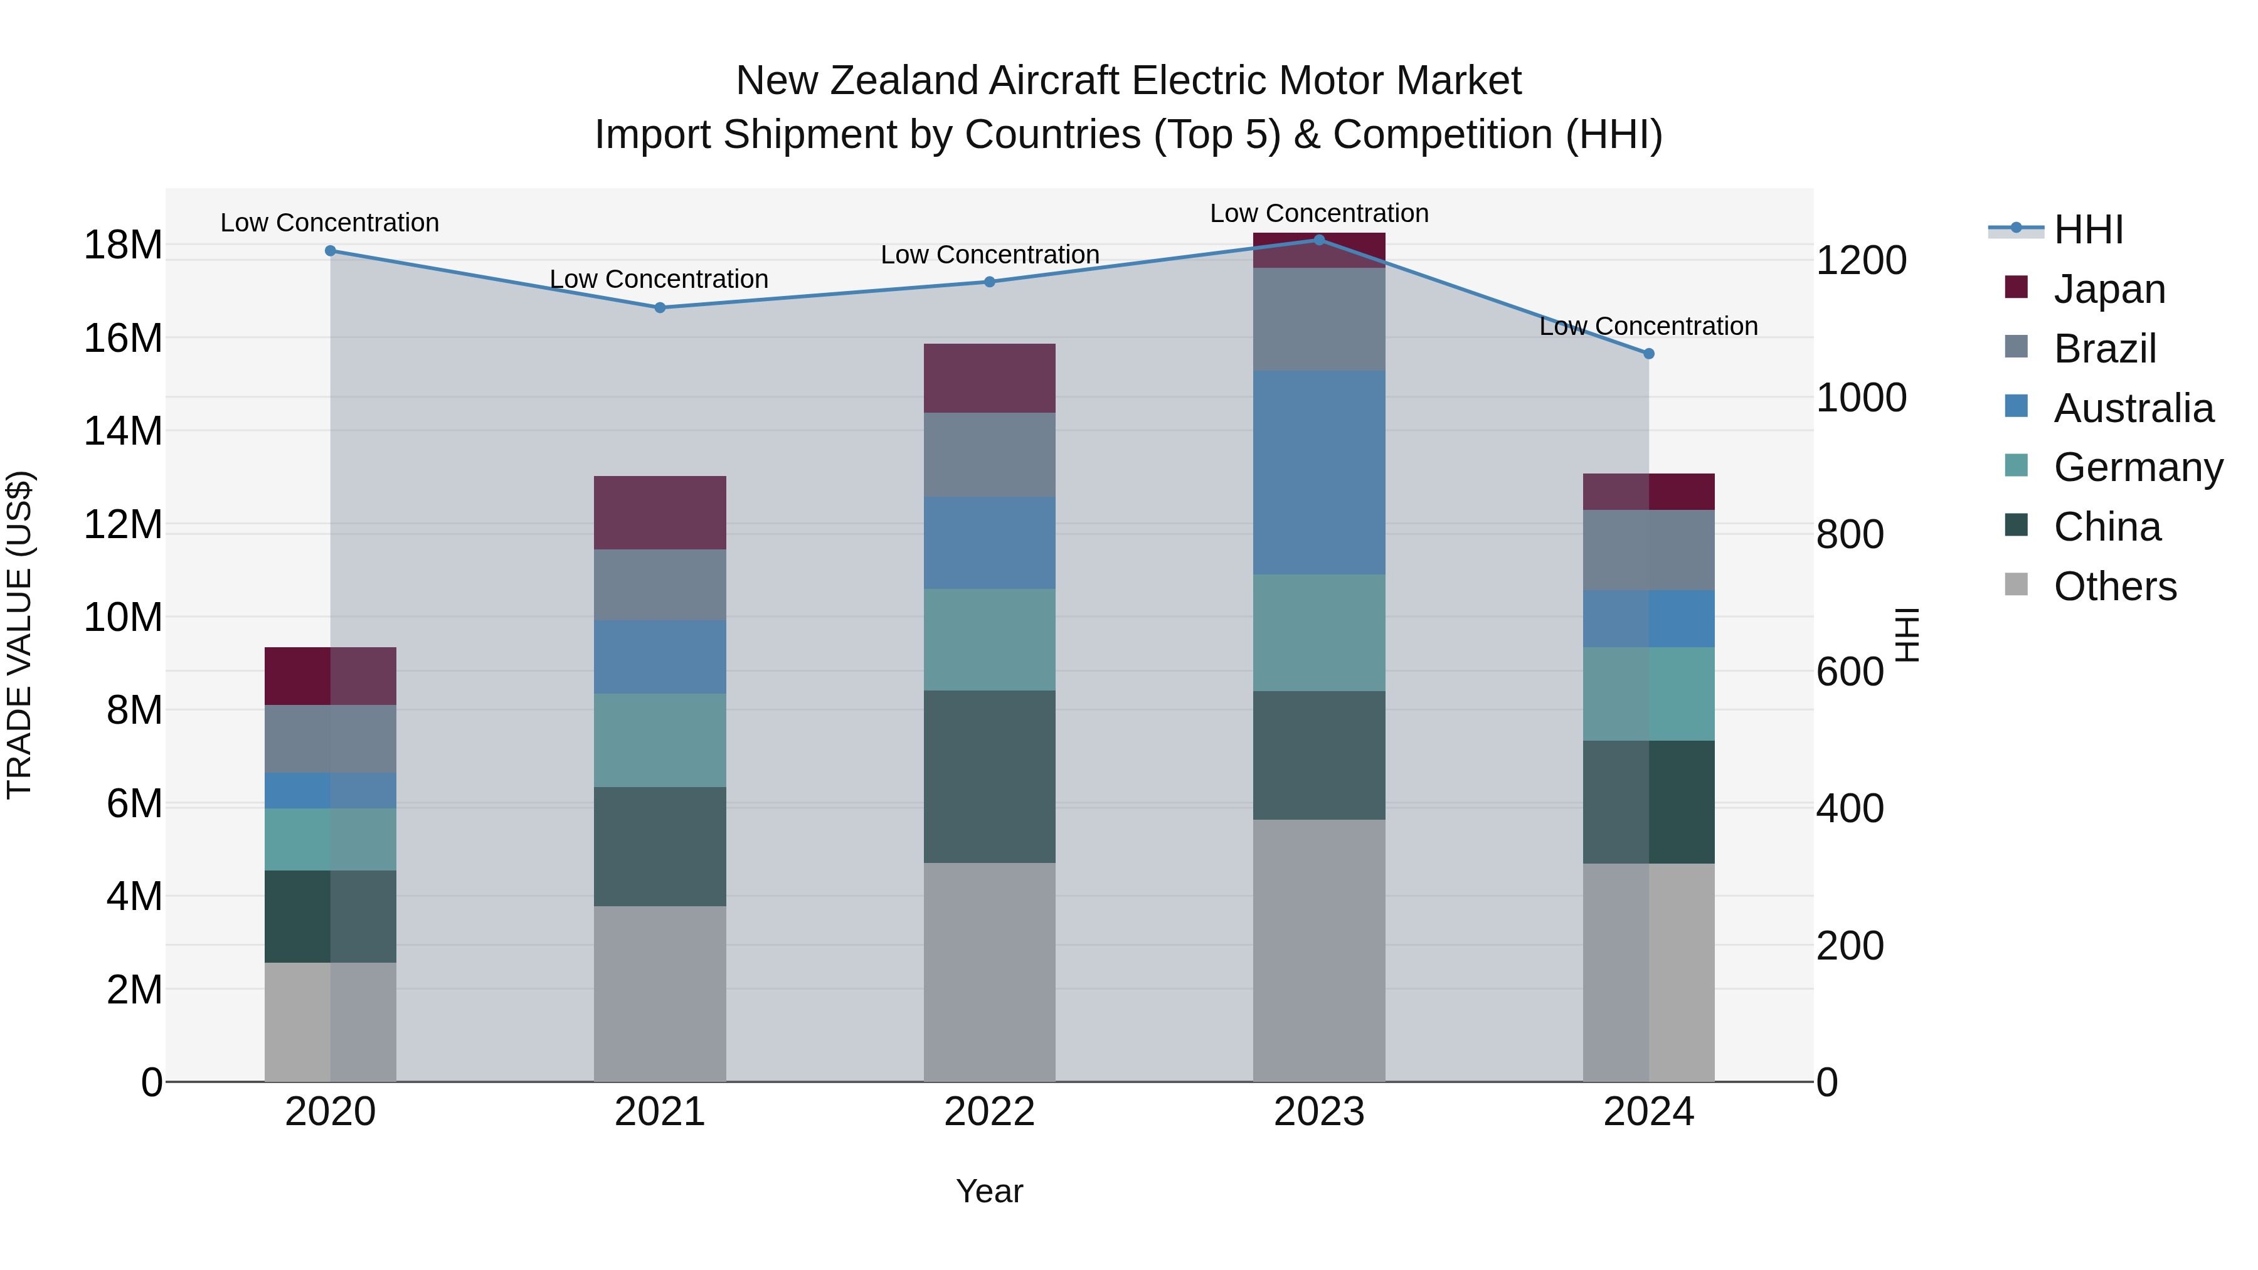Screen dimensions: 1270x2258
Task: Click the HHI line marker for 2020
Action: click(331, 251)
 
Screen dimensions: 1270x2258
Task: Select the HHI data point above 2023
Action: click(1319, 240)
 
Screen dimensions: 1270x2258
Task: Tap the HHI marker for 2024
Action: click(1649, 353)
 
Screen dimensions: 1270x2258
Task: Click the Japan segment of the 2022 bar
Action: click(990, 378)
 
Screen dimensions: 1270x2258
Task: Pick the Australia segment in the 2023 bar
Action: click(1319, 472)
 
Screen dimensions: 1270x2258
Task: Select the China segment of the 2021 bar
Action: click(660, 846)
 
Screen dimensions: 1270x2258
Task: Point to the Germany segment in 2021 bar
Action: click(660, 740)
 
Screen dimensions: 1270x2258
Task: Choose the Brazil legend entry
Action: click(2104, 348)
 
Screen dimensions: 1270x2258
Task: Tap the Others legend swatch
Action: click(2016, 585)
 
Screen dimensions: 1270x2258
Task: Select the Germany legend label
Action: click(2138, 467)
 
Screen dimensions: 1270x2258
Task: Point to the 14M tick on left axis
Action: click(123, 431)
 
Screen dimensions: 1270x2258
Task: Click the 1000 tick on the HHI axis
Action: click(1861, 398)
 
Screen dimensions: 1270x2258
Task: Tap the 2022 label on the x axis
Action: click(990, 1112)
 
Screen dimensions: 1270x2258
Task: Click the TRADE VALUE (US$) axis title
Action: click(20, 635)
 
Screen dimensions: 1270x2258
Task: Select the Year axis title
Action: click(990, 1191)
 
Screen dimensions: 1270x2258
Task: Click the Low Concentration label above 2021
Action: click(659, 278)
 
